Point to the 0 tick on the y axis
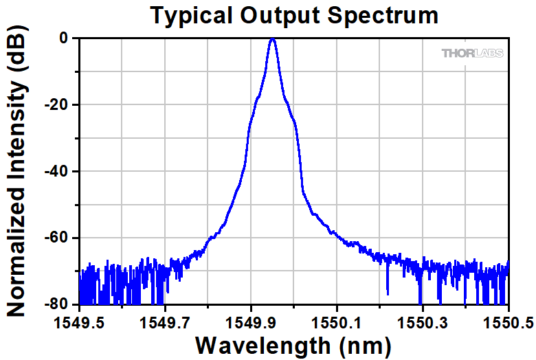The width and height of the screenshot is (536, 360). [63, 38]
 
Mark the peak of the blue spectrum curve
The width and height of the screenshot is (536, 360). [273, 39]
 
